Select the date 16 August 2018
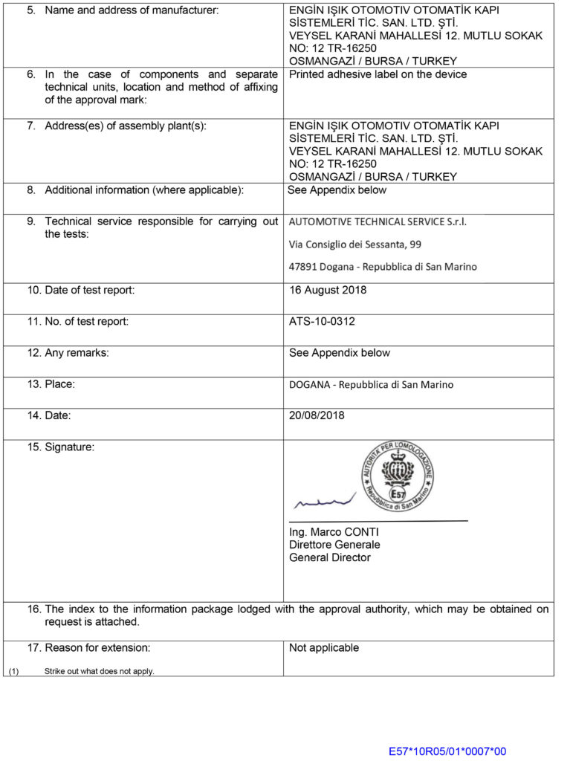328,291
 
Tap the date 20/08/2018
317,416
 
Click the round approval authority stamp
398,476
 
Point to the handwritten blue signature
324,502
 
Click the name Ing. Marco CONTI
334,532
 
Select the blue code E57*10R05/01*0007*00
447,751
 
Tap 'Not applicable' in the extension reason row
324,648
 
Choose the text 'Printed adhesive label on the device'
378,74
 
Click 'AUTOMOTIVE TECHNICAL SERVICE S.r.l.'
378,221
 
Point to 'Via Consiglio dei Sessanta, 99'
355,244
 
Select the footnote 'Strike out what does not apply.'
99,671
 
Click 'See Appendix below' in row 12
339,353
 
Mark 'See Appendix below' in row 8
337,190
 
